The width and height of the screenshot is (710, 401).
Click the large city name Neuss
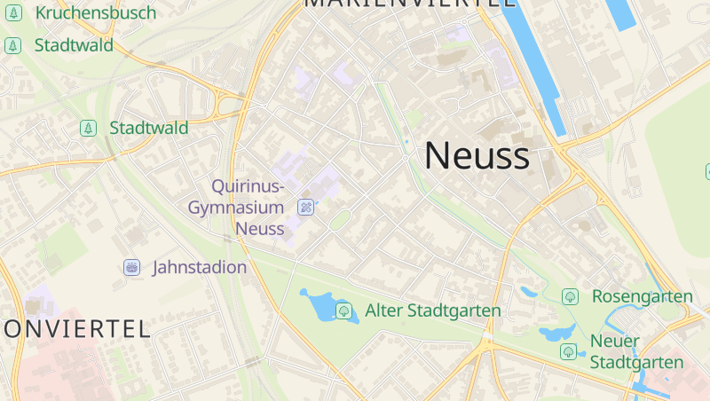pyautogui.click(x=477, y=156)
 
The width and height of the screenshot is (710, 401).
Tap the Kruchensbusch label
pyautogui.click(x=95, y=13)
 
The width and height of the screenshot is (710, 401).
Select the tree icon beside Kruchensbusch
pyautogui.click(x=13, y=14)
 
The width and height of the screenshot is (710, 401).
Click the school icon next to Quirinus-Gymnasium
pyautogui.click(x=305, y=208)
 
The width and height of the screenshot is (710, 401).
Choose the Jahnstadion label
pyautogui.click(x=200, y=267)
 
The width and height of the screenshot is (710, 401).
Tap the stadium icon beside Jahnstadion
pyautogui.click(x=132, y=267)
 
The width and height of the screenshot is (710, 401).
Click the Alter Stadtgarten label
pyautogui.click(x=433, y=311)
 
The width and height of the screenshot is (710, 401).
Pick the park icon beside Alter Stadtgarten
pyautogui.click(x=343, y=311)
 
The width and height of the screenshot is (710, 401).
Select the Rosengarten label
pyautogui.click(x=642, y=296)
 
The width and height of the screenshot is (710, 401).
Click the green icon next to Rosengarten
pyautogui.click(x=570, y=296)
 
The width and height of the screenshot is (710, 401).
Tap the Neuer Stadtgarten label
pyautogui.click(x=636, y=352)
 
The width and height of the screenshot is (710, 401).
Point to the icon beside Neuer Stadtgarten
pyautogui.click(x=568, y=352)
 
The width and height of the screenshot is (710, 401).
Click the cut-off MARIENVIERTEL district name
pyautogui.click(x=410, y=4)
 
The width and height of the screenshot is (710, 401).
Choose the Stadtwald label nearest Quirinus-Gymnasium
pyautogui.click(x=148, y=128)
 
